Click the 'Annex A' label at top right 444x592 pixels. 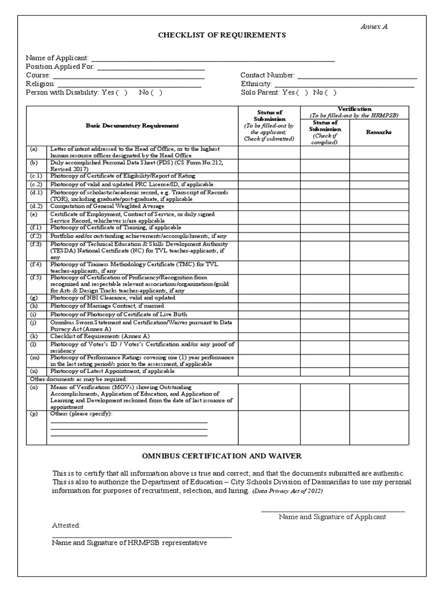(374, 27)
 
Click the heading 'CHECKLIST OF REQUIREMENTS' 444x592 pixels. (222, 36)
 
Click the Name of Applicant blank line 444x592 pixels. (213, 58)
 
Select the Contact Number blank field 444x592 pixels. (357, 75)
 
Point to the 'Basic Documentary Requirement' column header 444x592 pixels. (132, 125)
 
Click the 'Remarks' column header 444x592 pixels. (379, 132)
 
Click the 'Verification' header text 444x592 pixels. (354, 109)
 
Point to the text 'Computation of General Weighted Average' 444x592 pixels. (107, 206)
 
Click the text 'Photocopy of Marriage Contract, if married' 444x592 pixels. (107, 306)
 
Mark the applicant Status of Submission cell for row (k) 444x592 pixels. (269, 336)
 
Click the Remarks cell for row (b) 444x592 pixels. (379, 165)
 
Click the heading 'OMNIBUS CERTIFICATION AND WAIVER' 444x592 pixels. (222, 456)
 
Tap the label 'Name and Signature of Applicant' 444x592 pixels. (332, 517)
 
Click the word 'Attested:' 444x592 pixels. (66, 526)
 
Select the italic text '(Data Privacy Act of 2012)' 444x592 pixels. (287, 491)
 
